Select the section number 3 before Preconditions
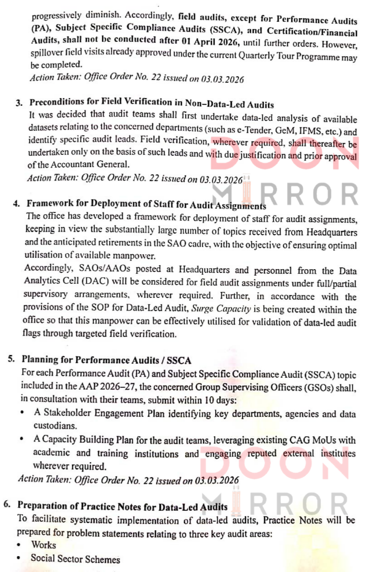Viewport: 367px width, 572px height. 19,103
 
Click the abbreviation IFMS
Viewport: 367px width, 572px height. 311,131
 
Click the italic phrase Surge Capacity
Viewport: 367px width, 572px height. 221,309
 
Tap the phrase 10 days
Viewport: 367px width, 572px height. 220,400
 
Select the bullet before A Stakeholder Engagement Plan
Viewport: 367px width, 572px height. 23,413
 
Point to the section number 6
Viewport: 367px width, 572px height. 6,505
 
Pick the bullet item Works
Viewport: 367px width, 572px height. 43,545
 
